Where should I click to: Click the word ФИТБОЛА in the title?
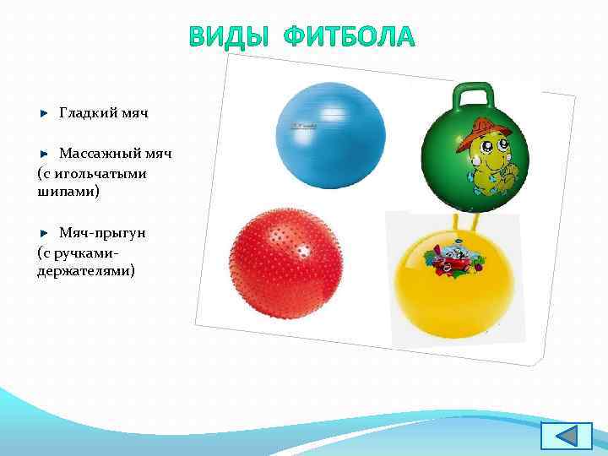(350, 38)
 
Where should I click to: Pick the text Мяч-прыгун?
(102, 232)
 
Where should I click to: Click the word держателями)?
(85, 271)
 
